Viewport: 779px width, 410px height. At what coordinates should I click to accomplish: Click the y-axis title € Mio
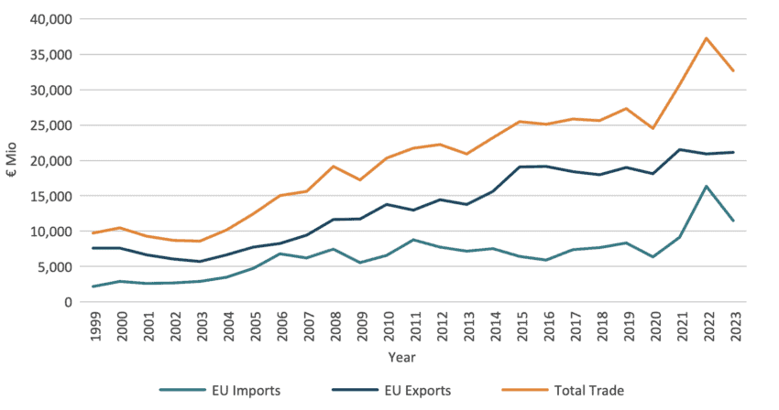click(x=13, y=161)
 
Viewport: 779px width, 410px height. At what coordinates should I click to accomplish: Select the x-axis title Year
click(x=400, y=357)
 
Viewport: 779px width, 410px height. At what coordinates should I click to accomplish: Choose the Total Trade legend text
click(x=589, y=391)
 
